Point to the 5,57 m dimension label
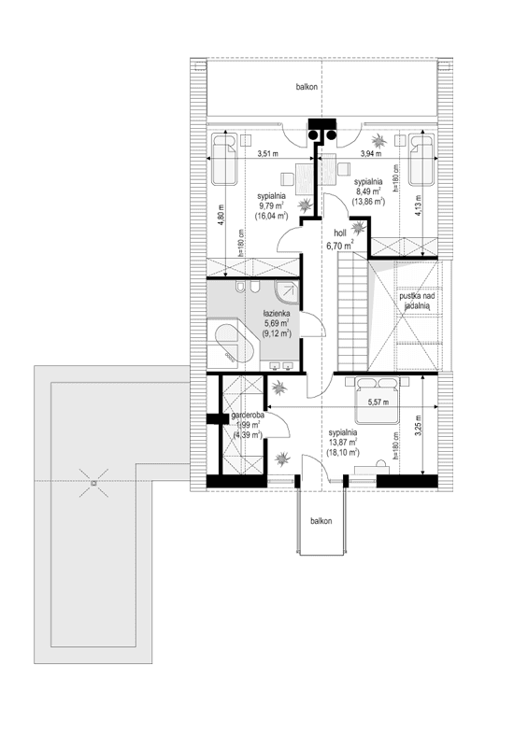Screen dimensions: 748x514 pos(379,402)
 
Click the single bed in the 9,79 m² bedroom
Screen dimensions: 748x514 pos(224,160)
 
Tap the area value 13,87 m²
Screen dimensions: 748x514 pos(344,444)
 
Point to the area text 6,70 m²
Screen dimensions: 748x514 pos(339,247)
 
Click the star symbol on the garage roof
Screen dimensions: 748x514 pos(93,483)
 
